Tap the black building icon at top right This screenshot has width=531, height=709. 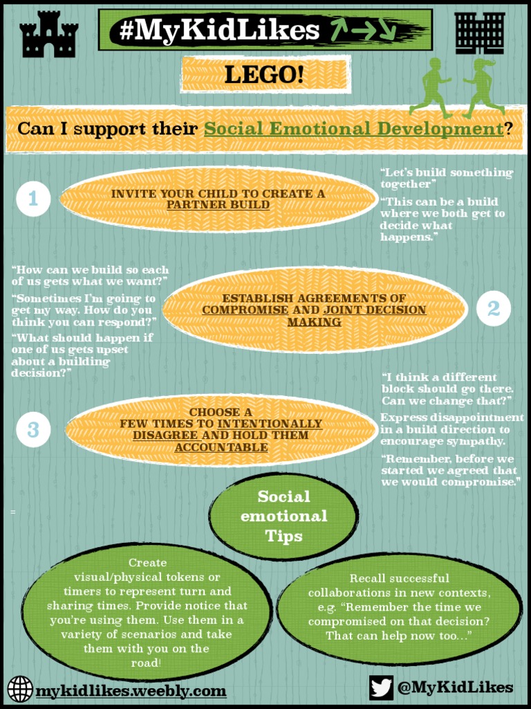coord(480,33)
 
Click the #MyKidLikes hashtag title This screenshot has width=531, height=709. coord(220,30)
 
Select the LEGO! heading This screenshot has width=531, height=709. coord(264,75)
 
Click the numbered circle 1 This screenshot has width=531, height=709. coord(33,199)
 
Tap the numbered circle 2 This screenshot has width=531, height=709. coord(494,309)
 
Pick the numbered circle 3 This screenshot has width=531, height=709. coord(33,429)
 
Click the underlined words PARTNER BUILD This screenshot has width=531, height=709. coord(218,206)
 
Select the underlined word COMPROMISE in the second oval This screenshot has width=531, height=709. coord(245,310)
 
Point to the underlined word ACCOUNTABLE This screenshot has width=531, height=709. coord(221,448)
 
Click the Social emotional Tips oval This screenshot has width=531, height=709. coord(283,517)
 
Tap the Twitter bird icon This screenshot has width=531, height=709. coord(381,687)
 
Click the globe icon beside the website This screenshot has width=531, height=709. coord(20,689)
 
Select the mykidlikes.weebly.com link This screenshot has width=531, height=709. coord(131,690)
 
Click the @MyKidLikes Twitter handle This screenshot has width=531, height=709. coord(455,687)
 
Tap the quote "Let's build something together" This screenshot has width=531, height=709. coord(446,177)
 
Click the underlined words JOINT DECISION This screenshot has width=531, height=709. coord(375,310)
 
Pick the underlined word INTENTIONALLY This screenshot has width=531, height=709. coord(270,424)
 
